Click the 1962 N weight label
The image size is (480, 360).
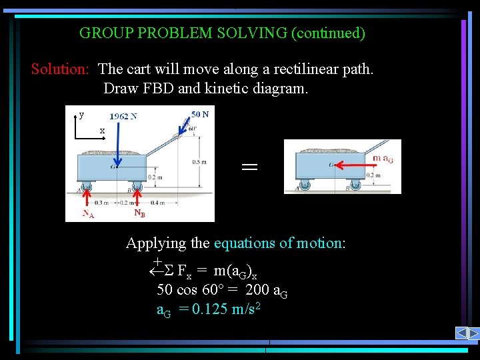point(123,115)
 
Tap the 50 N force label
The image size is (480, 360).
point(200,113)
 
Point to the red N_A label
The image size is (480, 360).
point(87,215)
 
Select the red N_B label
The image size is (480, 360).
point(139,213)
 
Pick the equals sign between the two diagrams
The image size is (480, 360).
point(249,169)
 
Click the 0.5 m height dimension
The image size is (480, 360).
point(198,161)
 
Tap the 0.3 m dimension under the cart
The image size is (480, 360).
point(101,202)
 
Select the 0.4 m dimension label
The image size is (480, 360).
point(158,202)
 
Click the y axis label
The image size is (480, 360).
point(81,114)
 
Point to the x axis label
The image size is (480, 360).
point(102,130)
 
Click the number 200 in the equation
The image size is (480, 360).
point(257,290)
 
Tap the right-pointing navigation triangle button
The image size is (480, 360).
point(473,333)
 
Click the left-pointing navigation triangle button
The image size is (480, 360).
point(461,333)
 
